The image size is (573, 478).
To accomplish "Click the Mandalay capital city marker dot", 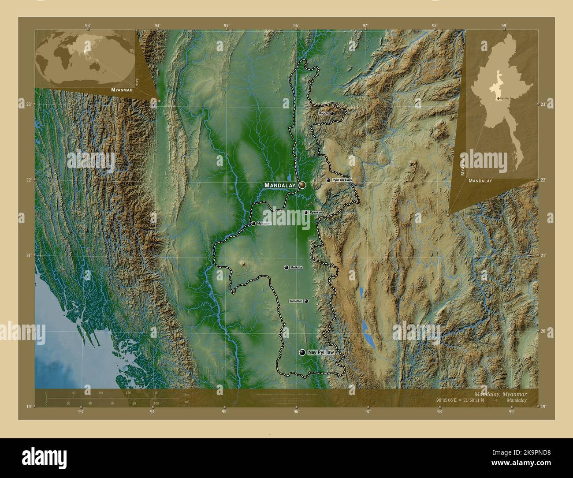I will click(302, 185).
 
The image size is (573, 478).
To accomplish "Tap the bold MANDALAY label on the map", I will click(279, 185).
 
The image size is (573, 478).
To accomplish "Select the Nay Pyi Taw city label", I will click(321, 353).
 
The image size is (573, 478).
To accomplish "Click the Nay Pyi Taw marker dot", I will click(302, 352).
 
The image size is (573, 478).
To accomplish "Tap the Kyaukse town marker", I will click(305, 213).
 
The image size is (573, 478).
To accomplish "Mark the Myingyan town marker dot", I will click(253, 224).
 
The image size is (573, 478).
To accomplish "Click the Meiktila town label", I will click(296, 268).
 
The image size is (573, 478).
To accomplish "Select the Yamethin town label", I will click(296, 301).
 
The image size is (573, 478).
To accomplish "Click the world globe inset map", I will click(85, 57).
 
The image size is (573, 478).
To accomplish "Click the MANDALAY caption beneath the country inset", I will click(480, 181).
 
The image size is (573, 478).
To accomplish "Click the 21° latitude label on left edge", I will click(29, 255).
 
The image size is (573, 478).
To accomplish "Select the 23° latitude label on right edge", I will click(544, 104).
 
